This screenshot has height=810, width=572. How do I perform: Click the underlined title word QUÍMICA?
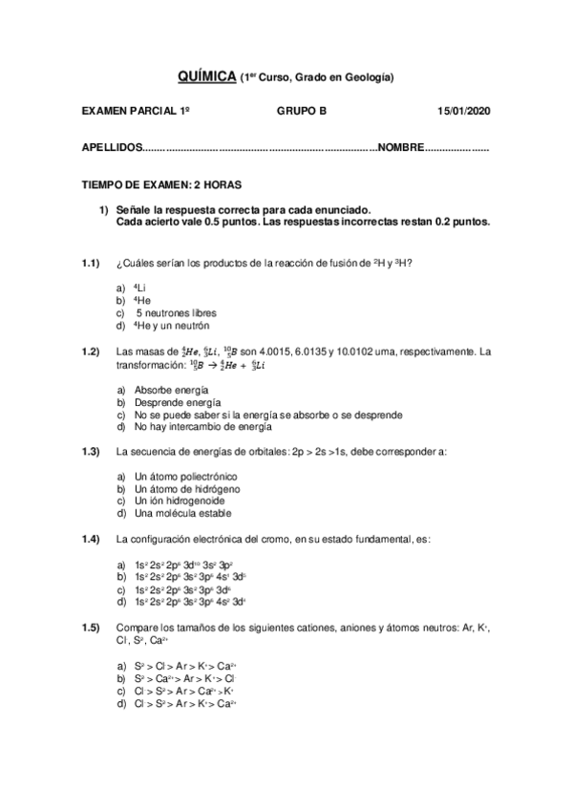[x=207, y=75]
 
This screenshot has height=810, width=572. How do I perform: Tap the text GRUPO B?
[x=302, y=111]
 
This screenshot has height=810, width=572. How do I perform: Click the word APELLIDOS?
[x=111, y=148]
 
